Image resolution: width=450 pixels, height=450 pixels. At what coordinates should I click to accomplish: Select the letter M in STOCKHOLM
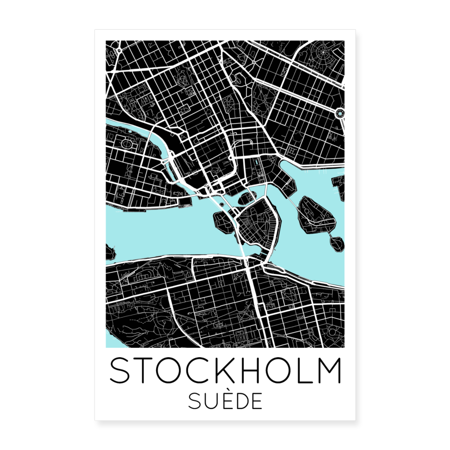click(x=327, y=371)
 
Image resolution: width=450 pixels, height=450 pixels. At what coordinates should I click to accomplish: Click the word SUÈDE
click(x=225, y=401)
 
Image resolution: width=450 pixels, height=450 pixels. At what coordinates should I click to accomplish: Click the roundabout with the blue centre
click(x=340, y=113)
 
